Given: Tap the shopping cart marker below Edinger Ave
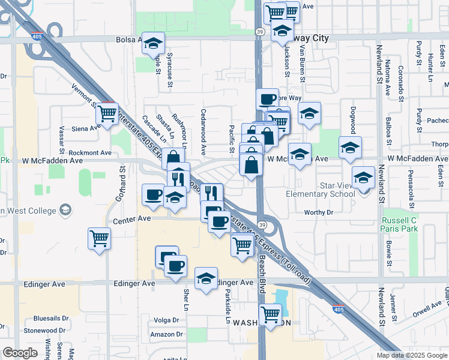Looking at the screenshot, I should click(x=271, y=314).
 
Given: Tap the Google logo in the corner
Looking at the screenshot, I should click(x=20, y=353).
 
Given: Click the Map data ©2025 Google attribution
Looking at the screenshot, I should click(x=412, y=355).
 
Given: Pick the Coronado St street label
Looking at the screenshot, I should click(x=400, y=80).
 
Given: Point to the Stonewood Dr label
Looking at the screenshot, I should click(x=44, y=330).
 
